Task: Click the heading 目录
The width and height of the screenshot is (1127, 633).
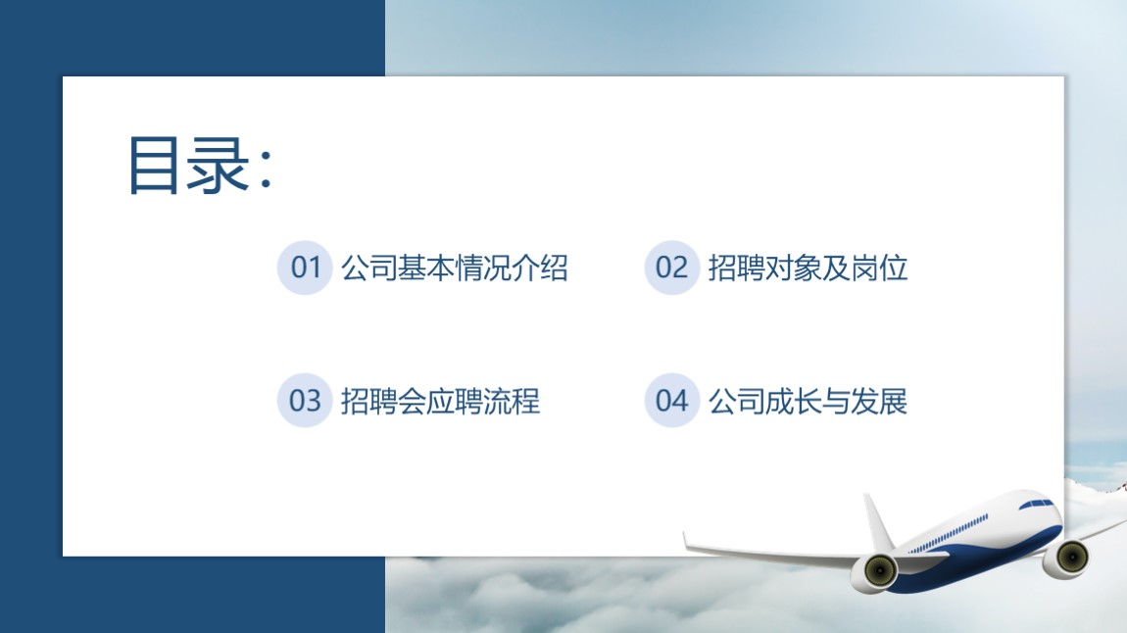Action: (x=189, y=166)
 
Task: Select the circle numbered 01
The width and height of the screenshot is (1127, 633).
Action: (x=305, y=268)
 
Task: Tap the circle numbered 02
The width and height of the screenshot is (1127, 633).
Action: (x=672, y=268)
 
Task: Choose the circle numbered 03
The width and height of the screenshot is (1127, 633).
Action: (x=305, y=400)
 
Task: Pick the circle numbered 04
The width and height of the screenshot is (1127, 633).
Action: (x=672, y=400)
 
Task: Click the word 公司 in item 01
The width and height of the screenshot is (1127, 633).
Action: (x=368, y=268)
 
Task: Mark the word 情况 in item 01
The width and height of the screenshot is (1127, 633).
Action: (x=482, y=268)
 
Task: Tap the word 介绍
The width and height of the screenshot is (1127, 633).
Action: (x=539, y=268)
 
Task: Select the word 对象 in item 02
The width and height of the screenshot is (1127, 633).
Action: (x=794, y=268)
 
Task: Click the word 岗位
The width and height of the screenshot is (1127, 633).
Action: (x=879, y=268)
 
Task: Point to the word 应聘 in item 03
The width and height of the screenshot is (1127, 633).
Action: (x=455, y=401)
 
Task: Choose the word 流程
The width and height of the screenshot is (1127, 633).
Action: (x=511, y=401)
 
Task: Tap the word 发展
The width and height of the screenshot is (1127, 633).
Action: (x=879, y=401)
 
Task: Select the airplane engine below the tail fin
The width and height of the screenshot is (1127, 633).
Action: (x=875, y=572)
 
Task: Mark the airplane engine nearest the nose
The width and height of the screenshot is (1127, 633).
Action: (x=1066, y=557)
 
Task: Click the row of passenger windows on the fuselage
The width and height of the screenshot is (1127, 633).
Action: (x=949, y=534)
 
